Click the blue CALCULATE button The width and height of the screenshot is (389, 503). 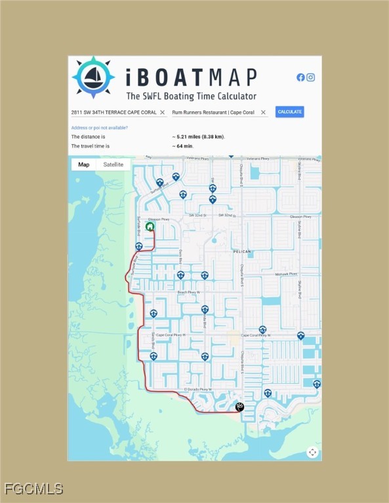(x=289, y=112)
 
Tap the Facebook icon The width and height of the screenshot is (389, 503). (x=300, y=77)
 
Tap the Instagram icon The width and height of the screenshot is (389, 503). (x=311, y=77)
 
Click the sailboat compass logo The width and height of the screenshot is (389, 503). (x=93, y=77)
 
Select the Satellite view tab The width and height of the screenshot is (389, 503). (x=113, y=164)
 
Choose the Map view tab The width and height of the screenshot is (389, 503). (x=84, y=164)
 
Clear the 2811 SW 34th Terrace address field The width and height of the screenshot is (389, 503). (x=163, y=113)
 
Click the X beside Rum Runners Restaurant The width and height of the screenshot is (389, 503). (x=263, y=113)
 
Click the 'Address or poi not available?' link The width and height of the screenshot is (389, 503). (x=99, y=128)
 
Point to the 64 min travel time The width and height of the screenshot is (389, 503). (x=183, y=146)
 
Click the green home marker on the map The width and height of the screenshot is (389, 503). (x=150, y=227)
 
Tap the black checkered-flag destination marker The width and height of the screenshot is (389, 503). (x=239, y=407)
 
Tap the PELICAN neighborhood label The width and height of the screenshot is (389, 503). (x=241, y=251)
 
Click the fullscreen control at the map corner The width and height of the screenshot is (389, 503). (x=312, y=452)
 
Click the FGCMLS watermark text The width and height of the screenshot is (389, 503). (x=33, y=489)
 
